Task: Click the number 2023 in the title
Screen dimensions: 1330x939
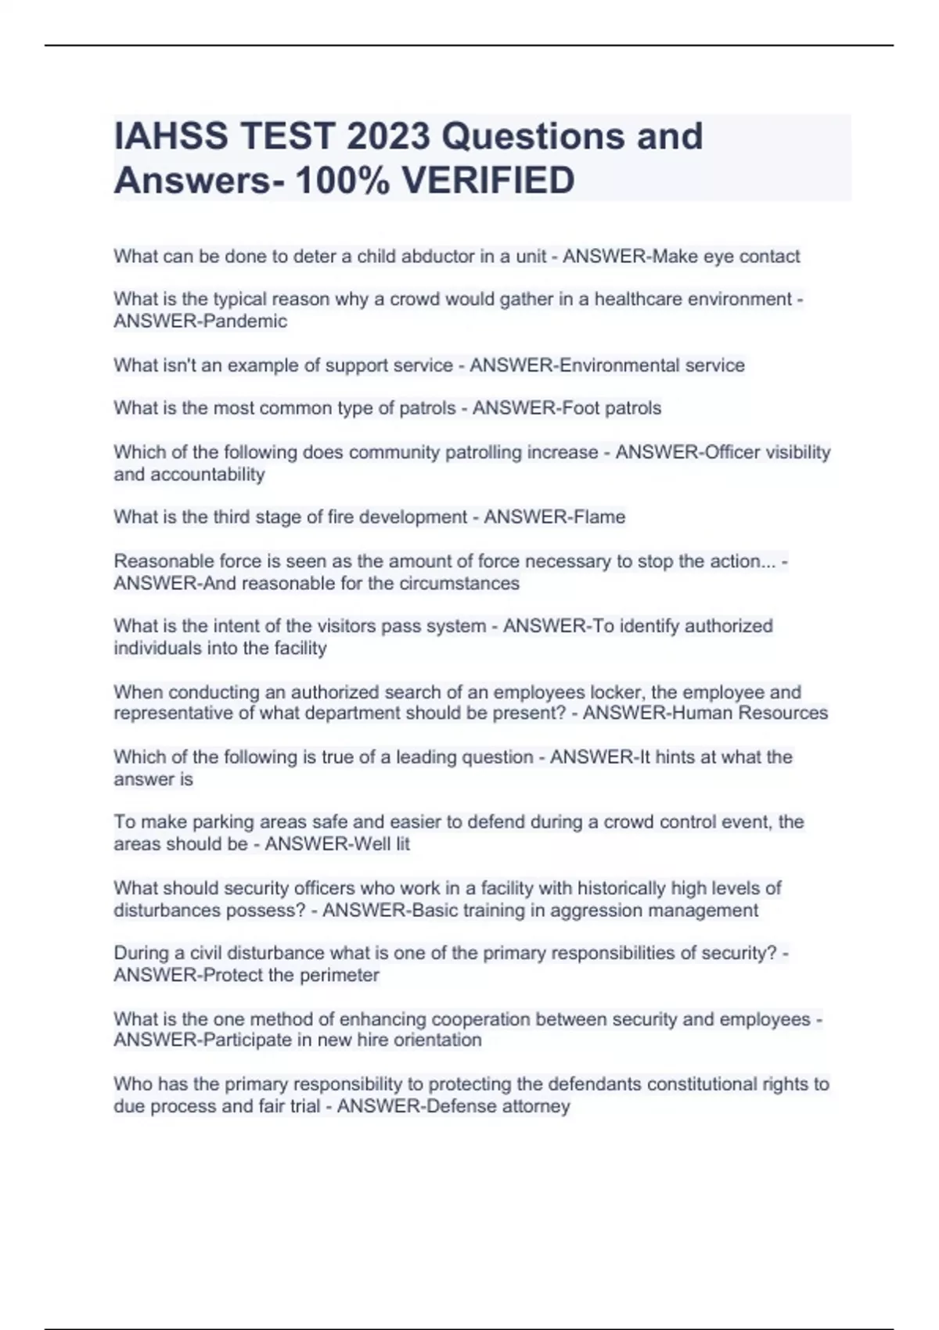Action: [x=388, y=136]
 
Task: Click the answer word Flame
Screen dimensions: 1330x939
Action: [x=599, y=517]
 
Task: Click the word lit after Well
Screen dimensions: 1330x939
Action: [x=401, y=844]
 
